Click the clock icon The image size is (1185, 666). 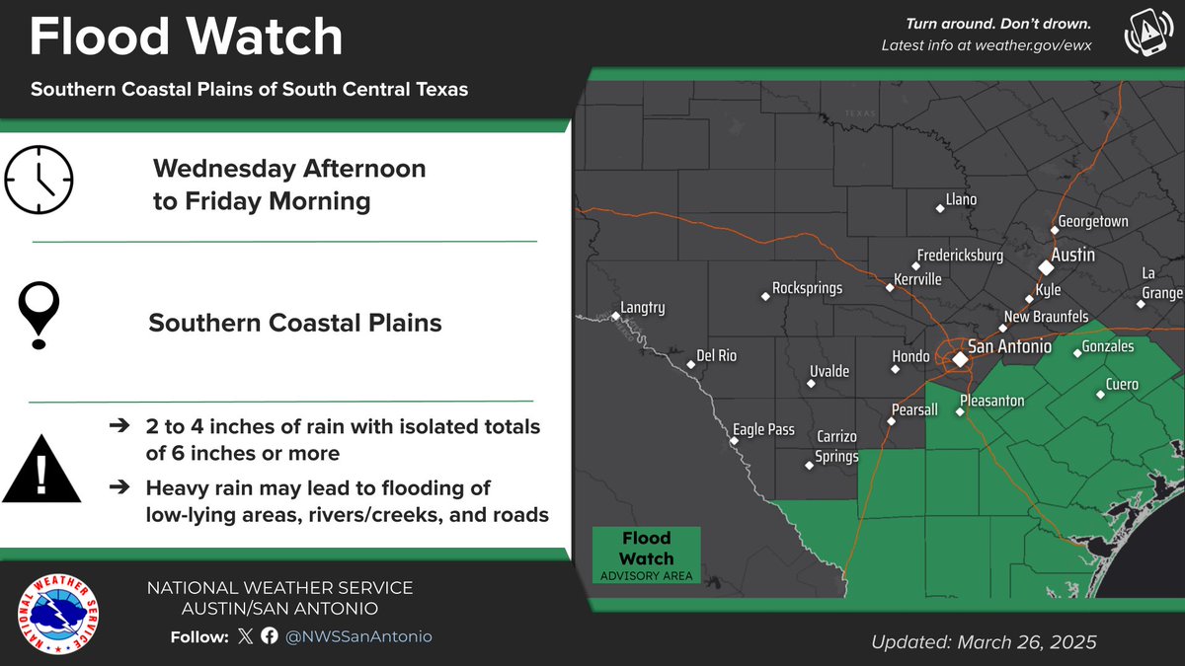click(39, 180)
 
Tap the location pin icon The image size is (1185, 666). click(40, 315)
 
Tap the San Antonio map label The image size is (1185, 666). click(1009, 347)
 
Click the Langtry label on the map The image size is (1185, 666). click(643, 308)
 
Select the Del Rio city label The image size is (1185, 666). click(716, 355)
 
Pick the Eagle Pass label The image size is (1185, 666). click(763, 429)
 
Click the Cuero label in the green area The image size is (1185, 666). click(1122, 385)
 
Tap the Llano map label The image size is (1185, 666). click(960, 200)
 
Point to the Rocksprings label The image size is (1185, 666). click(807, 289)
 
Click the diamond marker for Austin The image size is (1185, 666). click(1046, 267)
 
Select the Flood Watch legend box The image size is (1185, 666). click(646, 555)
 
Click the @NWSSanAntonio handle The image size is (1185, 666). click(358, 636)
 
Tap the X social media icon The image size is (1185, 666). click(246, 636)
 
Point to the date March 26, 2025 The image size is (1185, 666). click(1027, 642)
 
